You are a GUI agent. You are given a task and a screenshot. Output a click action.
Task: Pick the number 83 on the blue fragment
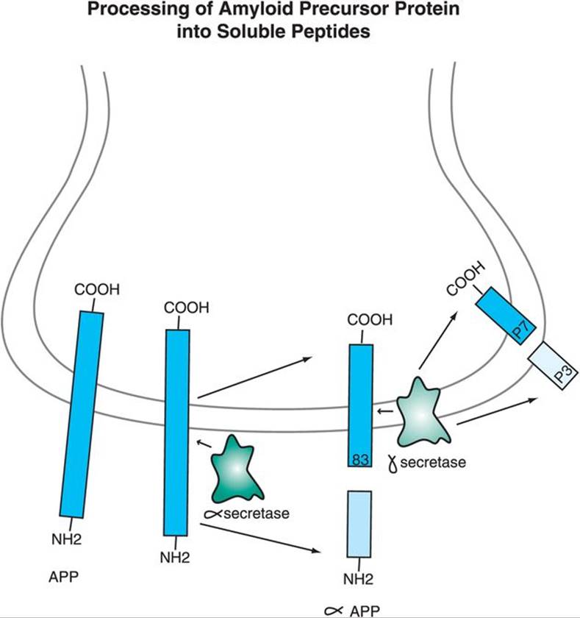click(360, 459)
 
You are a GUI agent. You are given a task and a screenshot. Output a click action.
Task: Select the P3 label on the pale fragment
click(562, 372)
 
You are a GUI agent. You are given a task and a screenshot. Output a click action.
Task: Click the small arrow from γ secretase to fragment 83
click(384, 412)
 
